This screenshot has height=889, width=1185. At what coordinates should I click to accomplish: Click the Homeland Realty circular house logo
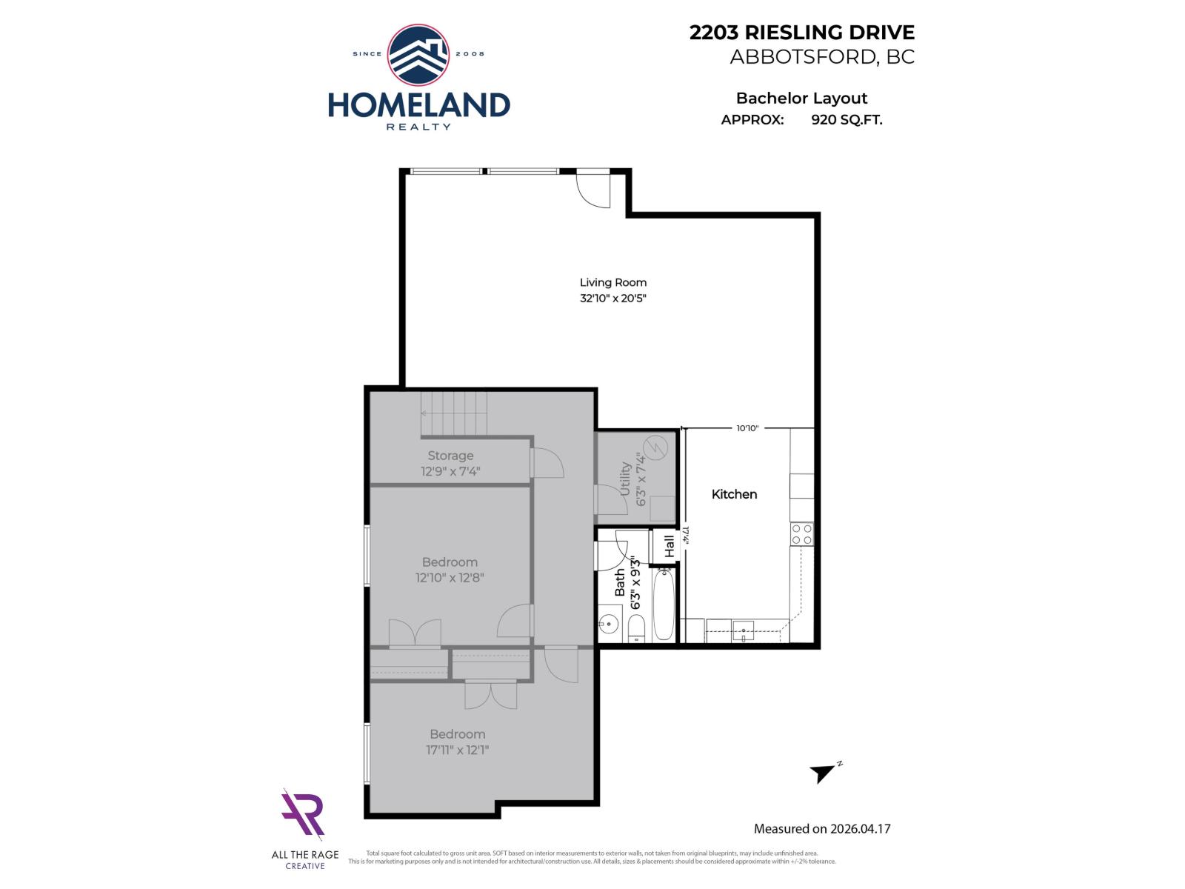point(418,55)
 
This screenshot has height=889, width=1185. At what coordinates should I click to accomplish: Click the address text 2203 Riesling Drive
point(801,33)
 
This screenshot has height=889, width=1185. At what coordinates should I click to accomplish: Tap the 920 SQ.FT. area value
point(847,119)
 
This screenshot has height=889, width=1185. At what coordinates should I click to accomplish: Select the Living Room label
point(612,282)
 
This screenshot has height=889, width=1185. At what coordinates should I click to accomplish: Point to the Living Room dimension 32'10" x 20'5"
point(612,299)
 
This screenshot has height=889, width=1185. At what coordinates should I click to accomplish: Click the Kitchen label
point(734,494)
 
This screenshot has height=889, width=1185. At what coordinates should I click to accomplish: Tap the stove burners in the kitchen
point(801,533)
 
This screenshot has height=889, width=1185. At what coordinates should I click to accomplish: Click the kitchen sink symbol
point(743,631)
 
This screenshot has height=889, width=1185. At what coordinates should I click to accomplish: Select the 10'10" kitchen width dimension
point(747,428)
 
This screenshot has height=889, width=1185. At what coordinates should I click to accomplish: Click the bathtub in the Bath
point(663,604)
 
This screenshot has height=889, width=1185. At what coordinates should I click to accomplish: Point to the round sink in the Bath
point(609,624)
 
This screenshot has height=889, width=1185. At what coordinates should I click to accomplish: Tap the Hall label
point(670,546)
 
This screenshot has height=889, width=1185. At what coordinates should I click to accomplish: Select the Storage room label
point(450,456)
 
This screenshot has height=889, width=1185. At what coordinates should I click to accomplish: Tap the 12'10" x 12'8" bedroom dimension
point(450,578)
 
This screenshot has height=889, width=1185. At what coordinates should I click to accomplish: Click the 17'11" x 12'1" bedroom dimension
point(457,750)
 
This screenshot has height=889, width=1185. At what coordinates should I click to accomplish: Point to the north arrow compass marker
point(824,773)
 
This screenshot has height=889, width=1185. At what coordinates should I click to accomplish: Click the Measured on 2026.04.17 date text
point(821,829)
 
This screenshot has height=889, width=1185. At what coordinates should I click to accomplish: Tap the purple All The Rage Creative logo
point(304,815)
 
